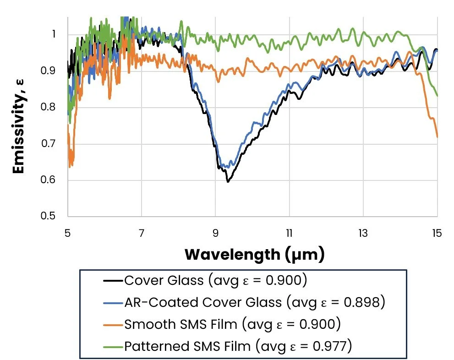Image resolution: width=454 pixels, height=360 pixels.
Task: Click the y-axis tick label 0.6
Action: coord(48,180)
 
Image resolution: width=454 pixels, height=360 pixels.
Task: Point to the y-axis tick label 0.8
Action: coord(48,107)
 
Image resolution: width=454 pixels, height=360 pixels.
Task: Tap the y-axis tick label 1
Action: coord(54,34)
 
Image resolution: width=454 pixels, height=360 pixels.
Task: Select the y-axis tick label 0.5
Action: coord(48,216)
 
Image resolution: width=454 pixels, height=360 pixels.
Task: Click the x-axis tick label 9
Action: coord(215,233)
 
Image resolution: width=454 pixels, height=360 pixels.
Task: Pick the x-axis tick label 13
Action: coord(363,233)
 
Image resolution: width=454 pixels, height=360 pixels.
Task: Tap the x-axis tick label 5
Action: coord(67,233)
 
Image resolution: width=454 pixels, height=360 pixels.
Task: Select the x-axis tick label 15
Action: coord(437,233)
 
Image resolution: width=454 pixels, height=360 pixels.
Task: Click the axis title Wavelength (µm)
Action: coord(255,255)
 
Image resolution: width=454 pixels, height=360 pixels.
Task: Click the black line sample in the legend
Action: coord(113,280)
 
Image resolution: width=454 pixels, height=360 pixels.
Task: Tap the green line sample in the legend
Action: coord(113,346)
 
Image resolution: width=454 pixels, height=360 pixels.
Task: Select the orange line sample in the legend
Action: coord(113,324)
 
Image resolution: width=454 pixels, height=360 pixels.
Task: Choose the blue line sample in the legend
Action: coord(113,302)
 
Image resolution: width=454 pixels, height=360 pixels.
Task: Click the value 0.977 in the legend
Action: coord(329,346)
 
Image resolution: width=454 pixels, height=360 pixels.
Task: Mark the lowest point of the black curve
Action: coord(228,182)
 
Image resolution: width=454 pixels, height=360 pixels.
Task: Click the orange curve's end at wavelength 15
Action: coord(437,137)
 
